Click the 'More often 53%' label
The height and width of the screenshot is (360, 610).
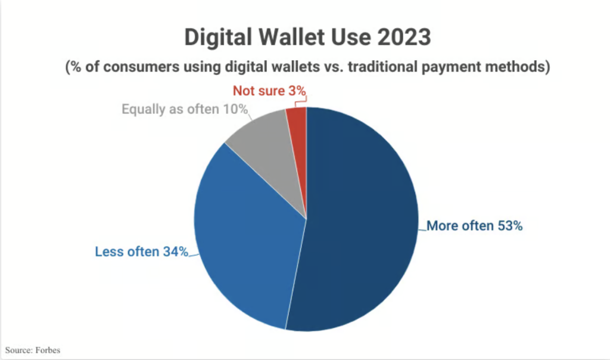(474, 226)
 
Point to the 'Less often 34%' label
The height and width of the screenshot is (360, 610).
(142, 252)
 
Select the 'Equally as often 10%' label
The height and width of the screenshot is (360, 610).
(185, 109)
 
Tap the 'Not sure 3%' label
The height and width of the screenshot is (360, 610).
(269, 91)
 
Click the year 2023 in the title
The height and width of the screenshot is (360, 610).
(404, 38)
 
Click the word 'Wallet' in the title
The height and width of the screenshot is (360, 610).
(291, 38)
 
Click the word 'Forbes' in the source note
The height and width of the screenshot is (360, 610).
(48, 350)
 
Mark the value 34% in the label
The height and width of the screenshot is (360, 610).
(176, 252)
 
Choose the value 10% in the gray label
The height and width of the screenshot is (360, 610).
(235, 109)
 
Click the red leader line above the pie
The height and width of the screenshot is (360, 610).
(300, 102)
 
